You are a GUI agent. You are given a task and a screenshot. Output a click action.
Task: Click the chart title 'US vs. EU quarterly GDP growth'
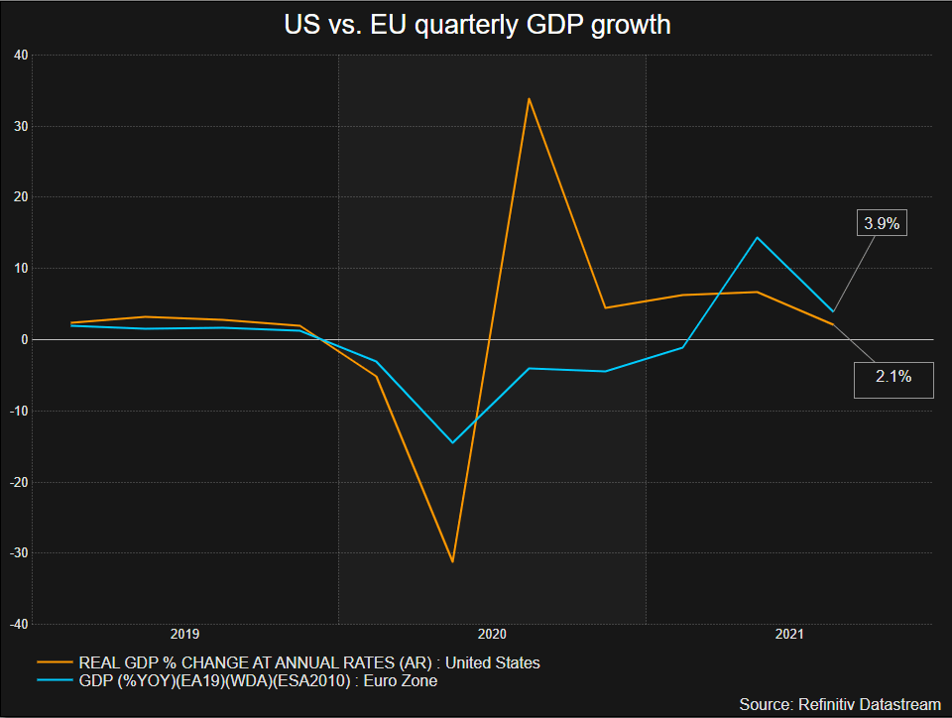point(476,24)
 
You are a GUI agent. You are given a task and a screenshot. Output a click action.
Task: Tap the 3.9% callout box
point(882,224)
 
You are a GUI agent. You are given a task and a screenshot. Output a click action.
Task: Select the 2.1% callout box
point(893,378)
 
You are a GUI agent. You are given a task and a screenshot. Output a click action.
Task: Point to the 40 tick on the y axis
point(20,55)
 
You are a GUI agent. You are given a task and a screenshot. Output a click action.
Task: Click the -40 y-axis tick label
point(18,624)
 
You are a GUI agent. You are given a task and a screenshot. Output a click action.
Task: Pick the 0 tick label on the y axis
point(23,339)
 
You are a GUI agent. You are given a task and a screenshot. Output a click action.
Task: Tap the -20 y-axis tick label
point(18,482)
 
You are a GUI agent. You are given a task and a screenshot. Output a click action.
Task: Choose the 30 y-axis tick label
point(20,126)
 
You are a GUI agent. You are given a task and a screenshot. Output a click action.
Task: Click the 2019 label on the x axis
point(185,633)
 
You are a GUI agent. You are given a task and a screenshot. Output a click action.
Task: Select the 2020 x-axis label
point(493,633)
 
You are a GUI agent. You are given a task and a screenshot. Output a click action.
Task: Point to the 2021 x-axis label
point(790,633)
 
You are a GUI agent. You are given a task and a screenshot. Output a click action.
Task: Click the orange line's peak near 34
point(530,98)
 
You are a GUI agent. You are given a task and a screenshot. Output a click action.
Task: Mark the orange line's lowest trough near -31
point(452,561)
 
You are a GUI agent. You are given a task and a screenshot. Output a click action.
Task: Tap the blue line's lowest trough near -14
point(452,442)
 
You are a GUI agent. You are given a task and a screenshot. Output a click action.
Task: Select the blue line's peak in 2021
point(757,238)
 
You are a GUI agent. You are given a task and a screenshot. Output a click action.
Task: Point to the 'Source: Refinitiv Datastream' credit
point(839,703)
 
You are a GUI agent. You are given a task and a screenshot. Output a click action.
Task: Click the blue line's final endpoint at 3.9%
point(833,311)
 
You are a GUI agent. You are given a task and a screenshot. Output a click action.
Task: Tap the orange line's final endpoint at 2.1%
point(833,324)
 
